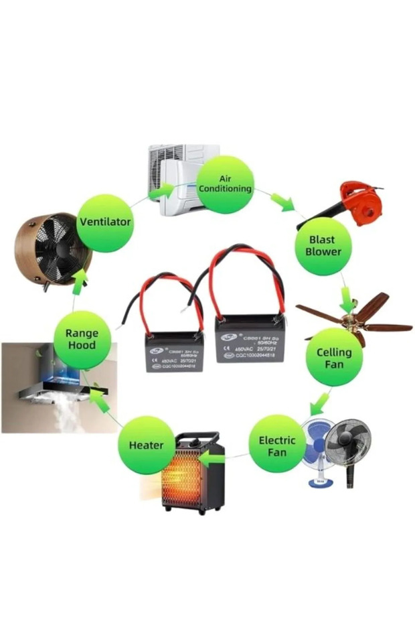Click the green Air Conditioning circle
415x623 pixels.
pos(226,184)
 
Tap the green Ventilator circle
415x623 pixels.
pos(105,222)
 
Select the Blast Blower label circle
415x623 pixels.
pos(323,247)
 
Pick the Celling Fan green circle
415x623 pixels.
pos(334,356)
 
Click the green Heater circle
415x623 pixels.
pos(146,445)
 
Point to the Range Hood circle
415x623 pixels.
pos(82,339)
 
